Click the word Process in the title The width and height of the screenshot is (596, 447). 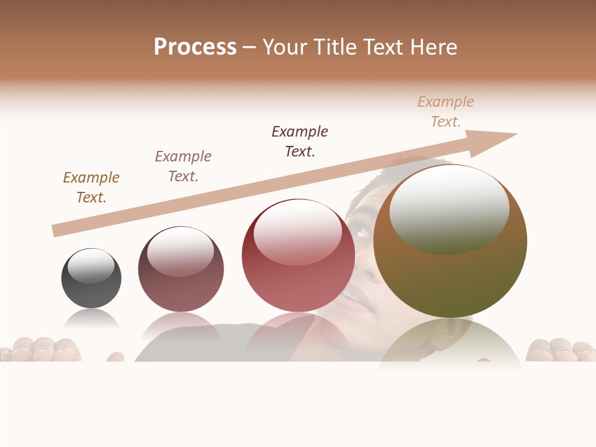(x=195, y=47)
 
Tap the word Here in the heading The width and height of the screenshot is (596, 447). (x=431, y=47)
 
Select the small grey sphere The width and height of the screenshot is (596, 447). (x=91, y=278)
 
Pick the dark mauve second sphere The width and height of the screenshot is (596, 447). (x=181, y=269)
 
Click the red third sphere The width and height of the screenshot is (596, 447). (x=298, y=256)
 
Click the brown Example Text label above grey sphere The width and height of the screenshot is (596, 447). (x=91, y=187)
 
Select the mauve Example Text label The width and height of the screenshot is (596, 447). (x=183, y=166)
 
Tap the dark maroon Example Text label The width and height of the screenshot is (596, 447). (x=300, y=142)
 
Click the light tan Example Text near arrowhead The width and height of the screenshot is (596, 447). (x=446, y=112)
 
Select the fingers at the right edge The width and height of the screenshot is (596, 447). (x=559, y=350)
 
